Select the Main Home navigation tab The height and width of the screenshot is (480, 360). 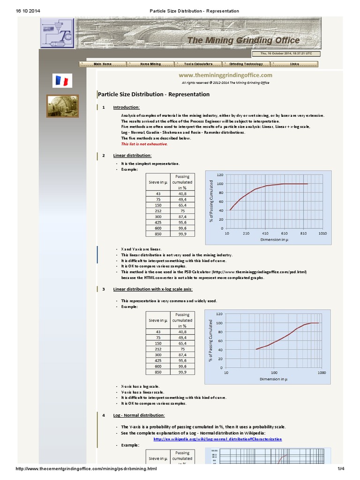tap(103, 64)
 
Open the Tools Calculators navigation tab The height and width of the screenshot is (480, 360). tap(198, 64)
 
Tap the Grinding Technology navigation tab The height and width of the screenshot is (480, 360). tap(246, 64)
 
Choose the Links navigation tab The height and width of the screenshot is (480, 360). tap(294, 64)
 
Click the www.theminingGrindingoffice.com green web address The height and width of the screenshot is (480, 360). tap(225, 75)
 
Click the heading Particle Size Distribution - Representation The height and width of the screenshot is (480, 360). tap(154, 94)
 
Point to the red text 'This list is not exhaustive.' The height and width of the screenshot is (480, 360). tap(144, 144)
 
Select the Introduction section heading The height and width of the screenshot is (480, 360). tap(127, 107)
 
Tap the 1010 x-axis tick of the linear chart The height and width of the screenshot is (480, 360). tap(322, 233)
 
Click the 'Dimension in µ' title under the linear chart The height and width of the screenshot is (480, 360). tap(274, 240)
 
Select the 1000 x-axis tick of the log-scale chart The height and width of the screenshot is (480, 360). tap(322, 373)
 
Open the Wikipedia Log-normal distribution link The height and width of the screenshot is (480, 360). tap(218, 439)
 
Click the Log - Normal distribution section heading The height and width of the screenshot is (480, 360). tap(139, 415)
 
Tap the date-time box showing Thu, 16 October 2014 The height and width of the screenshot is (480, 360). tap(286, 53)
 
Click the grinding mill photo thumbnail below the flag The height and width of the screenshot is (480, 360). tap(62, 106)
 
